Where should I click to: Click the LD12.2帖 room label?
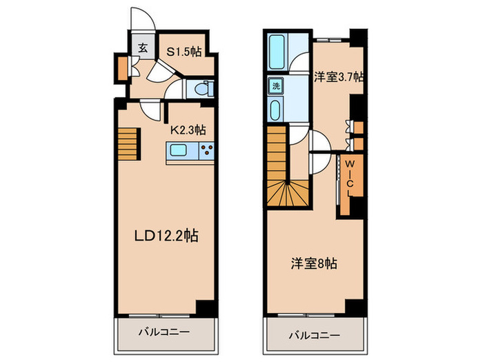click(166, 236)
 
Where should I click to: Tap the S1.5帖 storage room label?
click(184, 52)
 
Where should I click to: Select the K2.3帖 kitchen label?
click(188, 130)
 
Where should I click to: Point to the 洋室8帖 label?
click(314, 264)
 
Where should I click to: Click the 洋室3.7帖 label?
click(339, 77)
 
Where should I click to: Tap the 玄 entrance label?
click(142, 48)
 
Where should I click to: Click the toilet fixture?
click(204, 89)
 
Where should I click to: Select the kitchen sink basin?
click(178, 150)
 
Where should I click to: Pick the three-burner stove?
click(207, 150)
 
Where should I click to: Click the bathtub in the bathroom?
click(277, 52)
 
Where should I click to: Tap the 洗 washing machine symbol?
click(276, 86)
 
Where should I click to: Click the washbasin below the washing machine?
click(276, 110)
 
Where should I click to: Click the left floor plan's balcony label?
click(164, 332)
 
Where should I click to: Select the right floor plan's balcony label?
click(314, 335)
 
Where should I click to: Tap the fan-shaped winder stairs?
click(288, 193)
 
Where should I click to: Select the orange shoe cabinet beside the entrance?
click(123, 68)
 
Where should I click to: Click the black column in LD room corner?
click(205, 308)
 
